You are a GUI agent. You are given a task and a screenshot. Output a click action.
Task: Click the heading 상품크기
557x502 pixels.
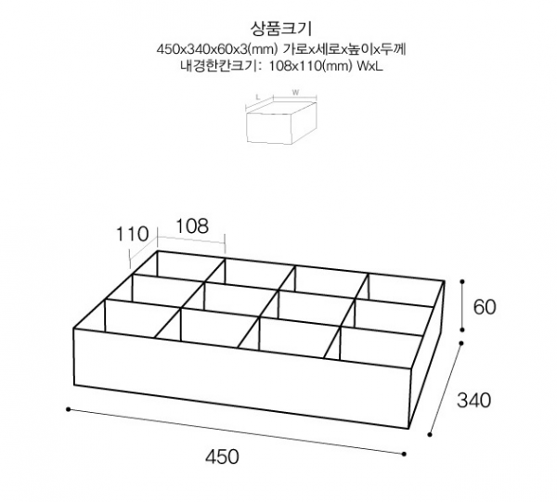coord(281,29)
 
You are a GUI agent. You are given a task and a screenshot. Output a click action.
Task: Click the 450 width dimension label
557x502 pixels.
coord(222,457)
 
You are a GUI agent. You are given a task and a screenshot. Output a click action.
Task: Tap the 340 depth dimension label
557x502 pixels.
coord(473,401)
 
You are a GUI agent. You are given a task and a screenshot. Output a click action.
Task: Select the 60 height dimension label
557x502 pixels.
coord(485,307)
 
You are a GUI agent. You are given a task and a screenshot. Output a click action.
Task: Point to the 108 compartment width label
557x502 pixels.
coord(192,225)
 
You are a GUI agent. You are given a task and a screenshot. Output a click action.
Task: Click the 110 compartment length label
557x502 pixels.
coord(133,235)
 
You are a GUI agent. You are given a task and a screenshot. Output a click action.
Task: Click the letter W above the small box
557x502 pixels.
coord(295,93)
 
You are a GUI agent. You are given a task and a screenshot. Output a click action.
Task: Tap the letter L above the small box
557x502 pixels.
coord(258,97)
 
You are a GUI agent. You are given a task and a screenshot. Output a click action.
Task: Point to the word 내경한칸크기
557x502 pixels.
coord(221,66)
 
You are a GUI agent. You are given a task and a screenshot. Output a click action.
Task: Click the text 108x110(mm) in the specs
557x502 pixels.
coord(310,66)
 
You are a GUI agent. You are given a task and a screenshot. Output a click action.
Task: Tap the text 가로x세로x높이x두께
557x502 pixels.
coord(344,49)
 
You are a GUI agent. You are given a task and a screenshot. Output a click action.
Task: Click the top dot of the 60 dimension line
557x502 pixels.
coord(462,281)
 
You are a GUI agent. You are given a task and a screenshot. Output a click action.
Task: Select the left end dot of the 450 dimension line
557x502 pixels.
coord(68,409)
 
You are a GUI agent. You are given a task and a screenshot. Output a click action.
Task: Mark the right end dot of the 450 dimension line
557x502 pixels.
coord(404,454)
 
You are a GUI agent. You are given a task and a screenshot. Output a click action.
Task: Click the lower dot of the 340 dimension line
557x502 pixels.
coord(430,434)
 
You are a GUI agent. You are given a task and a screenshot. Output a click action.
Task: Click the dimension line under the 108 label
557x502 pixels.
coord(191,239)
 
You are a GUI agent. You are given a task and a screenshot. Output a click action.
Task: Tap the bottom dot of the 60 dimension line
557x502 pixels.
coord(462,329)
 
